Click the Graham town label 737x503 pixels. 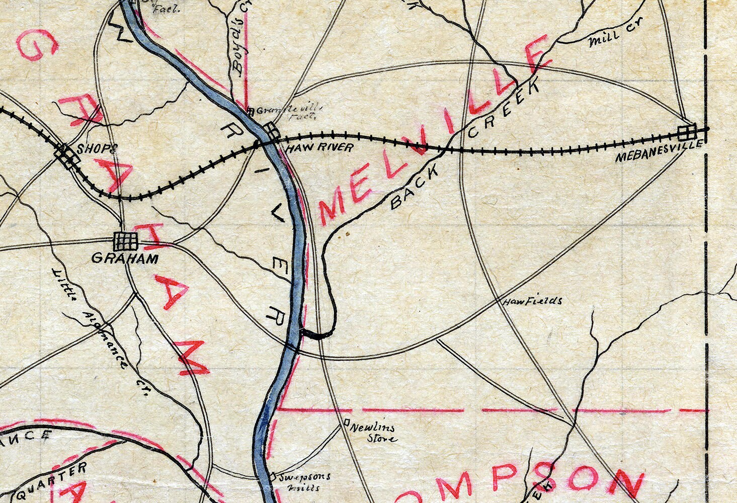pyautogui.click(x=125, y=259)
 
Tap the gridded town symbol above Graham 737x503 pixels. pyautogui.click(x=125, y=241)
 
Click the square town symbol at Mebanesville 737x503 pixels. pyautogui.click(x=686, y=132)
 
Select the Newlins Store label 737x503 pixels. pyautogui.click(x=373, y=433)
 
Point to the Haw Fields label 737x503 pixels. pyautogui.click(x=532, y=301)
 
